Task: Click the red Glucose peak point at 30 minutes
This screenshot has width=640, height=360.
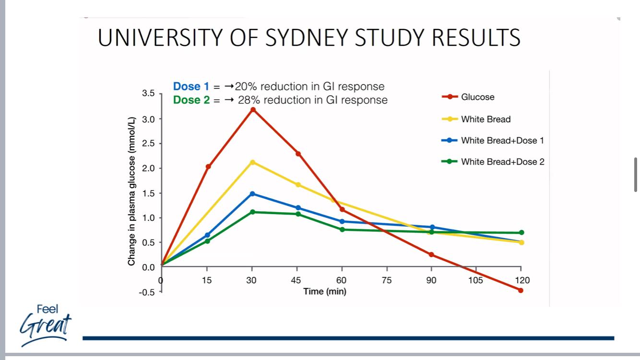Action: point(253,110)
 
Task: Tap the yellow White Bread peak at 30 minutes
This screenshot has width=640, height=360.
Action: point(253,162)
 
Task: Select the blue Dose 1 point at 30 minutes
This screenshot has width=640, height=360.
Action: point(253,194)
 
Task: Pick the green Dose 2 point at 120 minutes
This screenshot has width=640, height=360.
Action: point(521,233)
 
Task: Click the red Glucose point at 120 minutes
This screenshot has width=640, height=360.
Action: point(521,290)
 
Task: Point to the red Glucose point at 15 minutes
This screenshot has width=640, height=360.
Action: point(208,167)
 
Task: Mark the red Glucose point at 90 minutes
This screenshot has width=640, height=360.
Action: point(431,254)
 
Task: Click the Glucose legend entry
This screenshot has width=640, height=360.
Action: point(477,97)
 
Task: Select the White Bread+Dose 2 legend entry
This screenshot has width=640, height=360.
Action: point(502,162)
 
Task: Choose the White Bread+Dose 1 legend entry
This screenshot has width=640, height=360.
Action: point(502,141)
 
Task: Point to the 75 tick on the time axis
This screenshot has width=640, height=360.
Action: point(387,280)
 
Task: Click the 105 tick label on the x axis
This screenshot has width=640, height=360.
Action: point(476,280)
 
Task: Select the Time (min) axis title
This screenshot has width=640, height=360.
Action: point(324,291)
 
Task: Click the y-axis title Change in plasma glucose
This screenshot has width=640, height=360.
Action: point(131,191)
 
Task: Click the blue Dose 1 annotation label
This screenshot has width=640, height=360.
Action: point(191,86)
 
